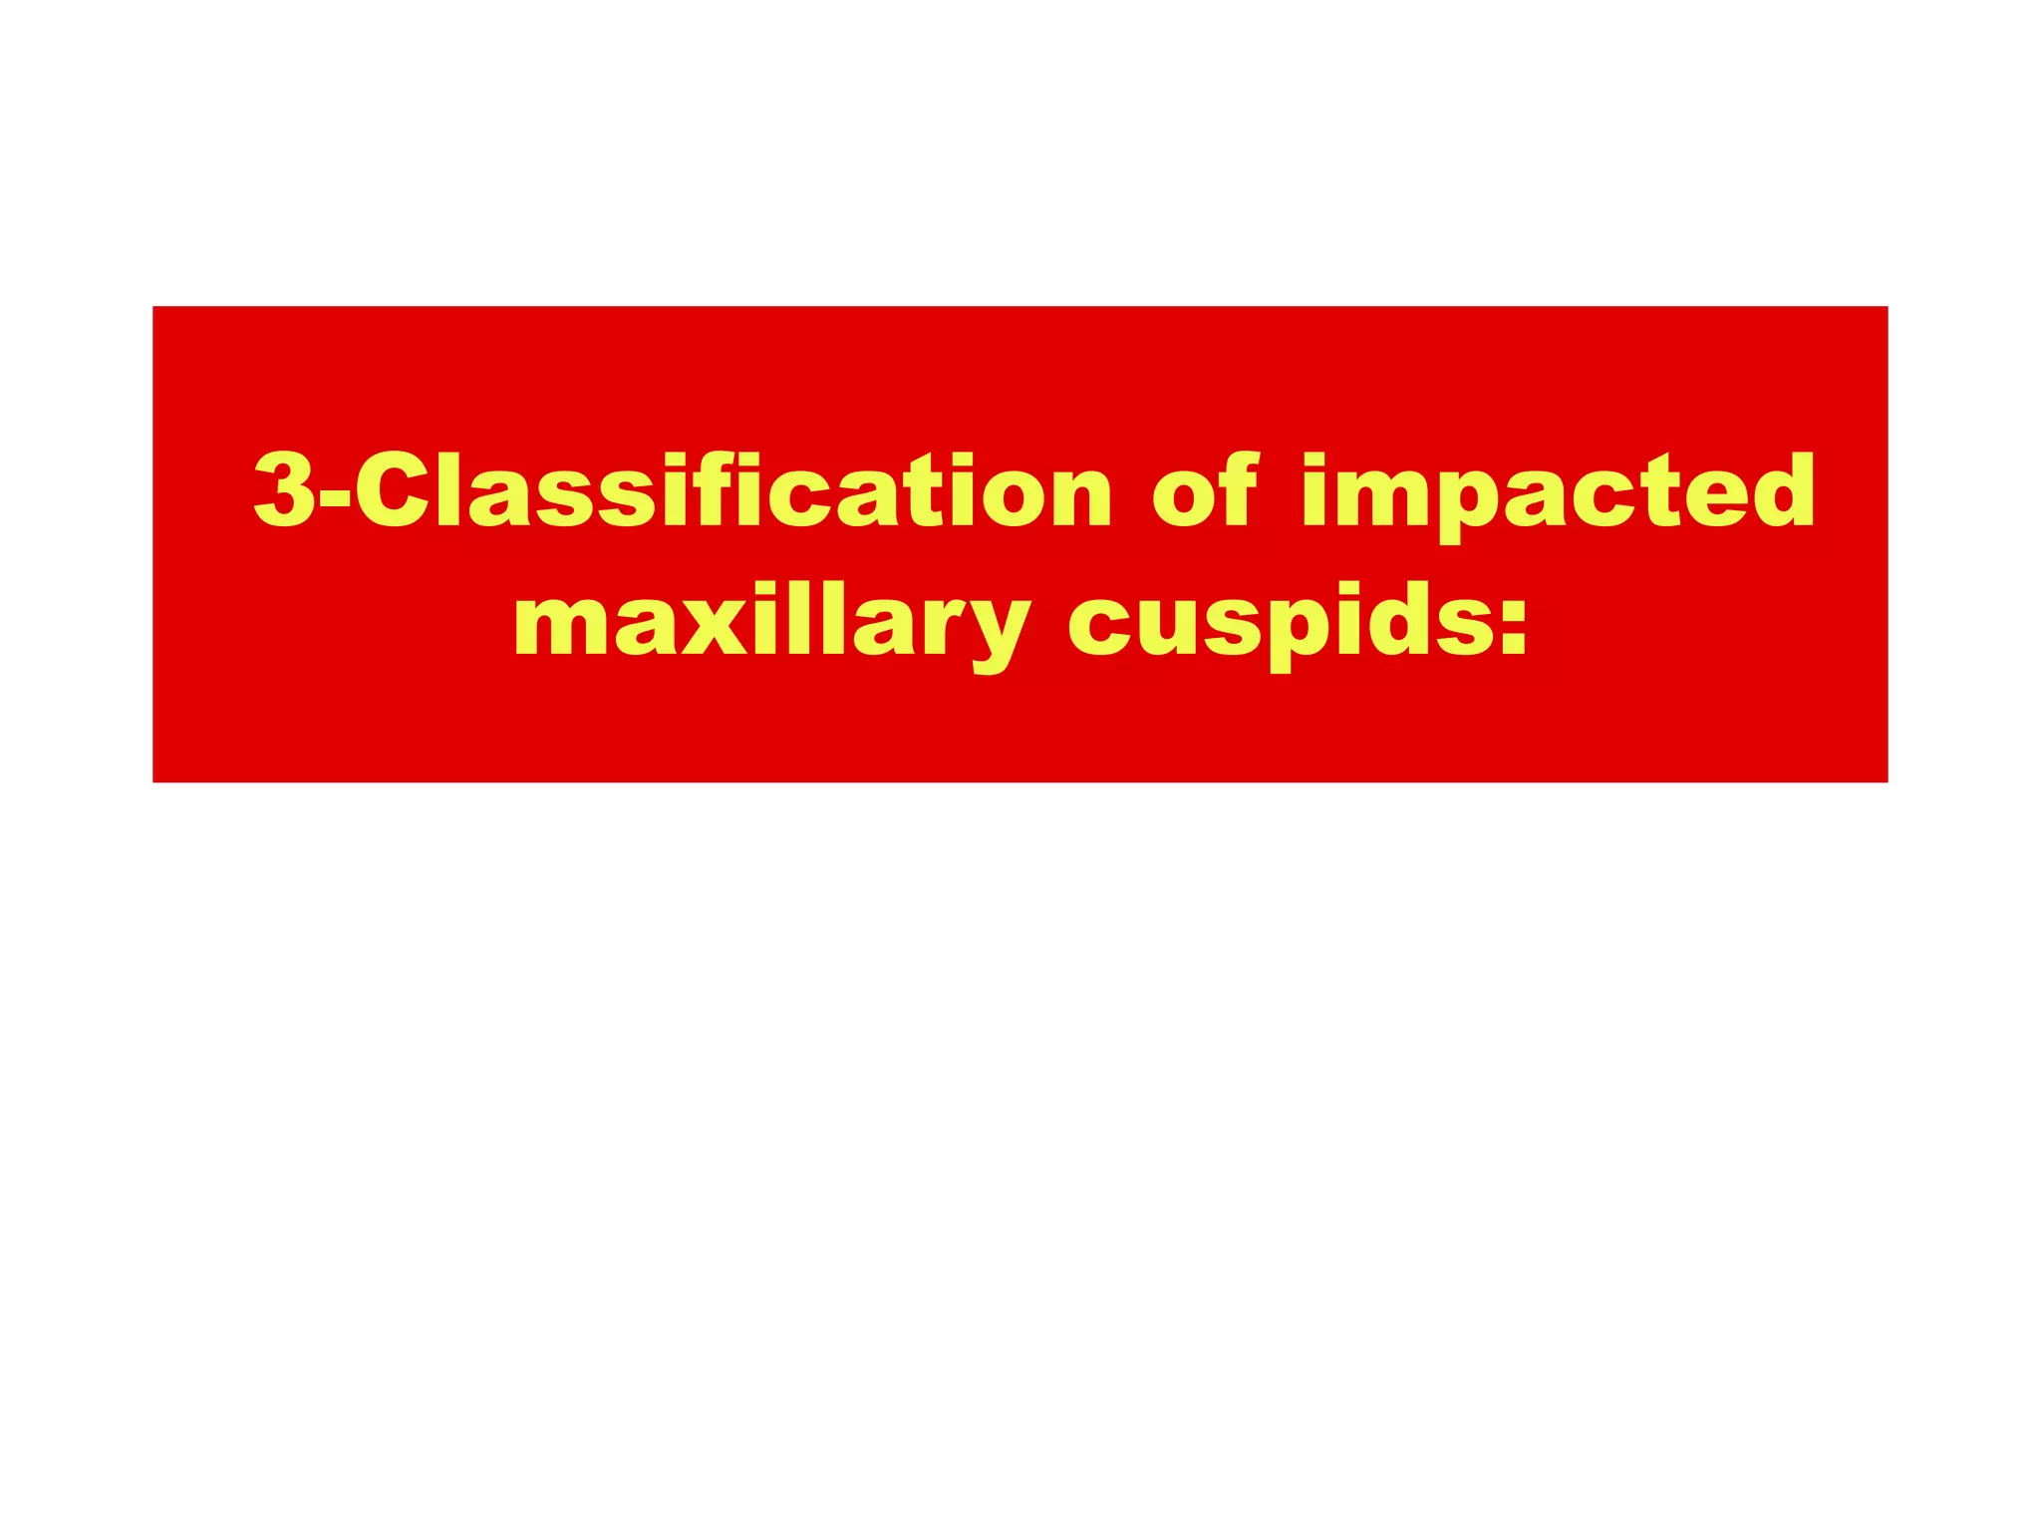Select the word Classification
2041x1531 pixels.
coord(732,489)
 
